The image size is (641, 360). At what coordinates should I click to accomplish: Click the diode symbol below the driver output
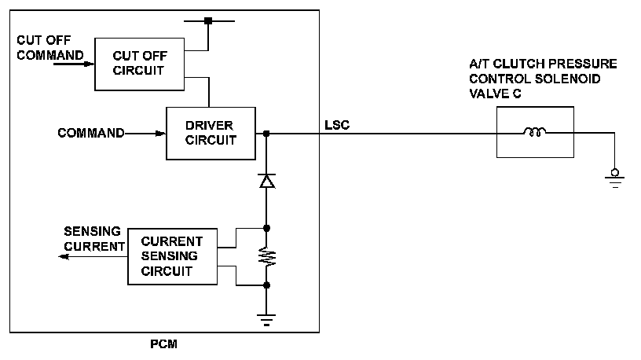click(x=266, y=182)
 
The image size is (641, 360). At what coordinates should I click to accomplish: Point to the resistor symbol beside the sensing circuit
click(x=266, y=257)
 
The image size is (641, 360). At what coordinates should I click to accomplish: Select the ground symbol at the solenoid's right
click(x=614, y=176)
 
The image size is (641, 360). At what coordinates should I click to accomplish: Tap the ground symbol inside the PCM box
click(x=266, y=319)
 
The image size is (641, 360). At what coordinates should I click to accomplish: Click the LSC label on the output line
click(x=337, y=124)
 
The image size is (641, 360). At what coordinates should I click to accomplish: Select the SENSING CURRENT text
click(x=93, y=239)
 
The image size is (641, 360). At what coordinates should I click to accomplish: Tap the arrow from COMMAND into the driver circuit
click(x=145, y=134)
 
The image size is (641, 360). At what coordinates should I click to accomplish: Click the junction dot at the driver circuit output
click(x=266, y=134)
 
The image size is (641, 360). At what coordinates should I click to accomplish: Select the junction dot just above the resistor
click(x=266, y=229)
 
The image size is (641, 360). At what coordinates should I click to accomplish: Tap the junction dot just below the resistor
click(x=266, y=285)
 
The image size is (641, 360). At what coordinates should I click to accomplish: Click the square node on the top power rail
click(x=208, y=20)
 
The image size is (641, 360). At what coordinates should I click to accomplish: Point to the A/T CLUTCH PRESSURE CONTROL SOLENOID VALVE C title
click(x=542, y=78)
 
